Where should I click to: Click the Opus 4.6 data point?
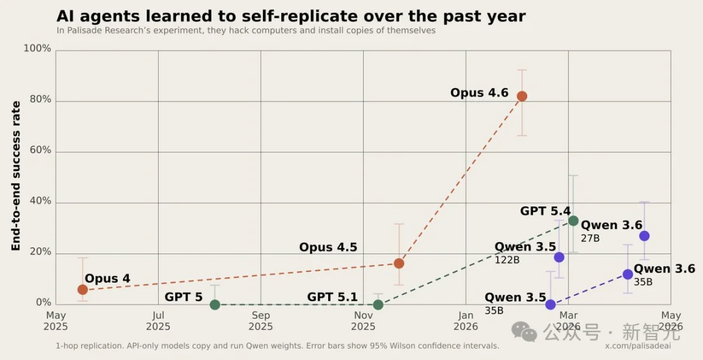tap(521, 96)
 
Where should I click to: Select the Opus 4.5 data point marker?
tap(398, 263)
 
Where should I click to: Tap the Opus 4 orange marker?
tap(83, 290)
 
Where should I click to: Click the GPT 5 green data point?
tap(215, 305)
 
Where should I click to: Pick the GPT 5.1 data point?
tap(378, 305)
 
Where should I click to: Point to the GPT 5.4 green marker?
tap(573, 221)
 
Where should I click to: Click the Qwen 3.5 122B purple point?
tap(558, 257)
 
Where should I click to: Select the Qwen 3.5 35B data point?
tap(550, 305)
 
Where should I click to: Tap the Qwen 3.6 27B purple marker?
tap(644, 236)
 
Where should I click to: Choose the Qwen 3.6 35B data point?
tap(627, 274)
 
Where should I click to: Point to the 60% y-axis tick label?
tap(40, 150)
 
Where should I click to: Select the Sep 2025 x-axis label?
tap(260, 321)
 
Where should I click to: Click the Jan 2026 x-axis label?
tap(466, 321)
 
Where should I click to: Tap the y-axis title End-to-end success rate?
tap(16, 176)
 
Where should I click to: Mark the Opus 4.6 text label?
tap(479, 93)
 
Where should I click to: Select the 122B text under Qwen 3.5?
tap(506, 259)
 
